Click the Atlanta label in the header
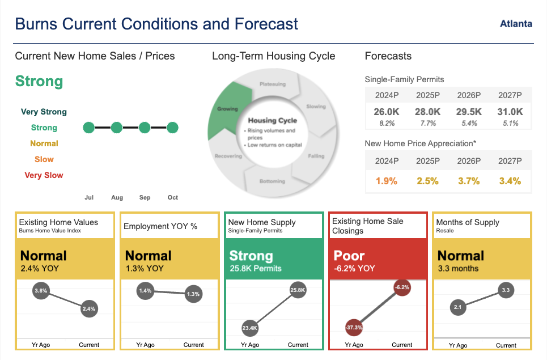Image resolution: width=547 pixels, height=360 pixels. (516, 24)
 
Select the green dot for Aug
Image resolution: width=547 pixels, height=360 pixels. (117, 128)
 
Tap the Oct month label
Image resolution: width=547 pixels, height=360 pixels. (172, 197)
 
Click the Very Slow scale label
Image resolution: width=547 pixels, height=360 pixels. (44, 175)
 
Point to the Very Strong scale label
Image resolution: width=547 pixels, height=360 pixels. (44, 112)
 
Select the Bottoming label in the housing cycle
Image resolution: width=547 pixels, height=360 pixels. (272, 181)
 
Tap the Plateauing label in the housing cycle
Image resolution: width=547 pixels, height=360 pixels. (273, 84)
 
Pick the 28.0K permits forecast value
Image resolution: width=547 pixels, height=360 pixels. (427, 112)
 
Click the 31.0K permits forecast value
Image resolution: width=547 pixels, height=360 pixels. (510, 112)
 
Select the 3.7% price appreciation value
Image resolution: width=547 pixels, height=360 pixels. (469, 181)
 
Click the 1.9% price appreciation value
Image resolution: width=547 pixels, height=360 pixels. (386, 181)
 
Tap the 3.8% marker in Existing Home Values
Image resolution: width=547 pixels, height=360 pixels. (40, 290)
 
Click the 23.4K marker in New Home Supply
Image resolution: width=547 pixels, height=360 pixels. (250, 327)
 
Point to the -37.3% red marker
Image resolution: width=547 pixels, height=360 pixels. (354, 327)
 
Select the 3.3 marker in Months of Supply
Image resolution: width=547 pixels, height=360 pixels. (506, 290)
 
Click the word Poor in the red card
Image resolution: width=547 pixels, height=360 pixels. (349, 256)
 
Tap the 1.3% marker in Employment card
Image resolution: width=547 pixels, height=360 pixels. (193, 294)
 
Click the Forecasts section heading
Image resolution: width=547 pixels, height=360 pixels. (388, 56)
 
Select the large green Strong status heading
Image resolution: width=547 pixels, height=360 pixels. (39, 81)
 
